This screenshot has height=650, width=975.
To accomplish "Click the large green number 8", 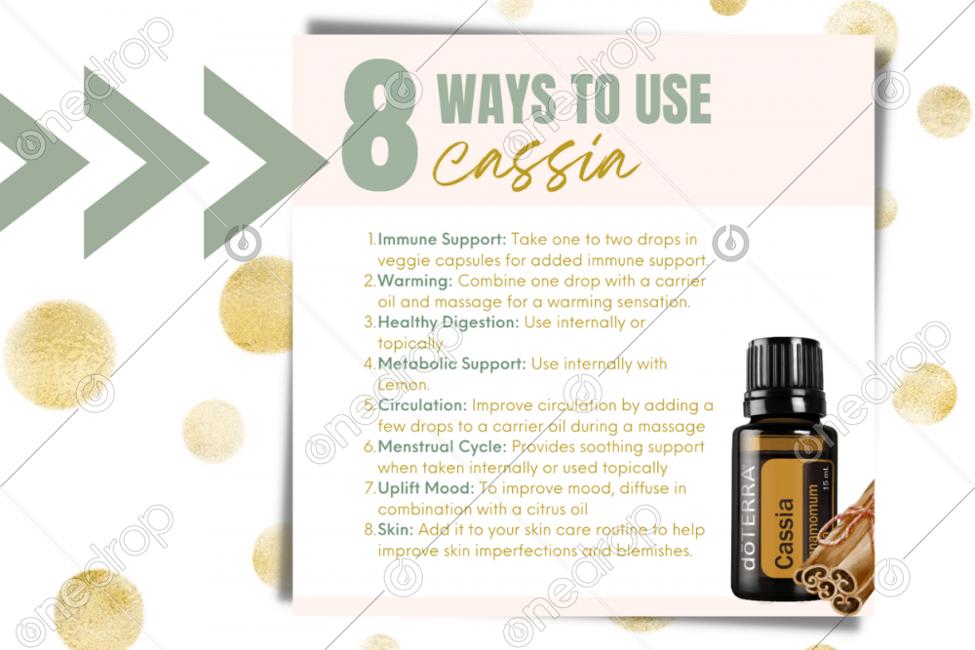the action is (x=380, y=125).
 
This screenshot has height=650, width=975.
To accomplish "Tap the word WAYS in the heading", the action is (x=497, y=98).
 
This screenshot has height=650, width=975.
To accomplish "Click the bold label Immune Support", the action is (x=442, y=240).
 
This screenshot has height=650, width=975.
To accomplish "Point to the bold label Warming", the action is (x=415, y=282).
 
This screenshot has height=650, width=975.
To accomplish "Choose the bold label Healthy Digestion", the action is (x=448, y=323).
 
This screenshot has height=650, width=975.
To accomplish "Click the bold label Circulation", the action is (x=422, y=405).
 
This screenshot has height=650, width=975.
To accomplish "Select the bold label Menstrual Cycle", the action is (x=442, y=446).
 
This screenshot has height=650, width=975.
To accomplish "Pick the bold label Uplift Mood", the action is (x=426, y=488).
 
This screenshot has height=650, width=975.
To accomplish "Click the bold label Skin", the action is (x=396, y=529).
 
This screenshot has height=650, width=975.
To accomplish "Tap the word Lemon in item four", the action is (x=403, y=385).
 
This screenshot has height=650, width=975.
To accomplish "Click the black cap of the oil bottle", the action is (x=785, y=373).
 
